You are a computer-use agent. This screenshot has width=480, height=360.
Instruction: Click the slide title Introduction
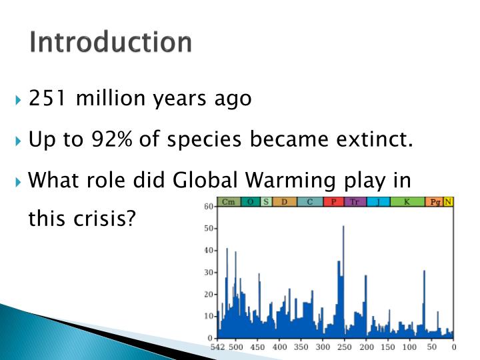111,42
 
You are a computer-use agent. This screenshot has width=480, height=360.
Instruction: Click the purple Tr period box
355,201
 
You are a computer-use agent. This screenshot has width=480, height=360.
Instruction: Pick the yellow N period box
448,201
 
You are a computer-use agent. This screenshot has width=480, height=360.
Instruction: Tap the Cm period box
228,201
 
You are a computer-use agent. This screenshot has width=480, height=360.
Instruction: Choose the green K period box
407,201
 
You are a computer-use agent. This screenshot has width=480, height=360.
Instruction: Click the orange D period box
285,201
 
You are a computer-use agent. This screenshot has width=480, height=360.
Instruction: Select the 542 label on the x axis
217,347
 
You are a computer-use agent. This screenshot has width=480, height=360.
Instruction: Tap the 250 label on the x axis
344,347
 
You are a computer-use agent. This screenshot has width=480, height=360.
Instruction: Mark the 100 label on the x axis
409,347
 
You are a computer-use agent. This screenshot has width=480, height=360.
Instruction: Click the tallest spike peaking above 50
343,230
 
